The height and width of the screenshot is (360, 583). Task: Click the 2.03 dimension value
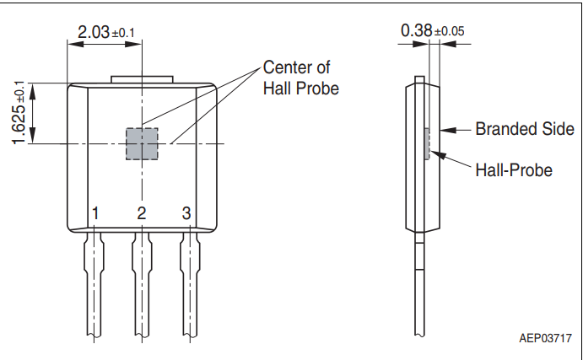[93, 32]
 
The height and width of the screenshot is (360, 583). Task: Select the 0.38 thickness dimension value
[417, 30]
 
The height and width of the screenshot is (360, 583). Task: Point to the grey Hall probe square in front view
[142, 144]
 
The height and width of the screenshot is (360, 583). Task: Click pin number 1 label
[96, 213]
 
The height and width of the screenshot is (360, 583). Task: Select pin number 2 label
[142, 213]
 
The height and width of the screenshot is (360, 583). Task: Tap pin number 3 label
[186, 213]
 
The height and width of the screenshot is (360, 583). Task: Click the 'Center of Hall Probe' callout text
[300, 78]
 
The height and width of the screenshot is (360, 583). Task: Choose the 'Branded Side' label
[524, 129]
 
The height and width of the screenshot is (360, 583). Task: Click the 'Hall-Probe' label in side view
[513, 170]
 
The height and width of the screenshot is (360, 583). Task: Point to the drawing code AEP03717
[545, 338]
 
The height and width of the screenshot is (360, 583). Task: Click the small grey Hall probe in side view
[428, 144]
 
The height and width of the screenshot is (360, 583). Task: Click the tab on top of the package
[142, 81]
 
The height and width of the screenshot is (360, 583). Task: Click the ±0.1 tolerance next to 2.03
[123, 33]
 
